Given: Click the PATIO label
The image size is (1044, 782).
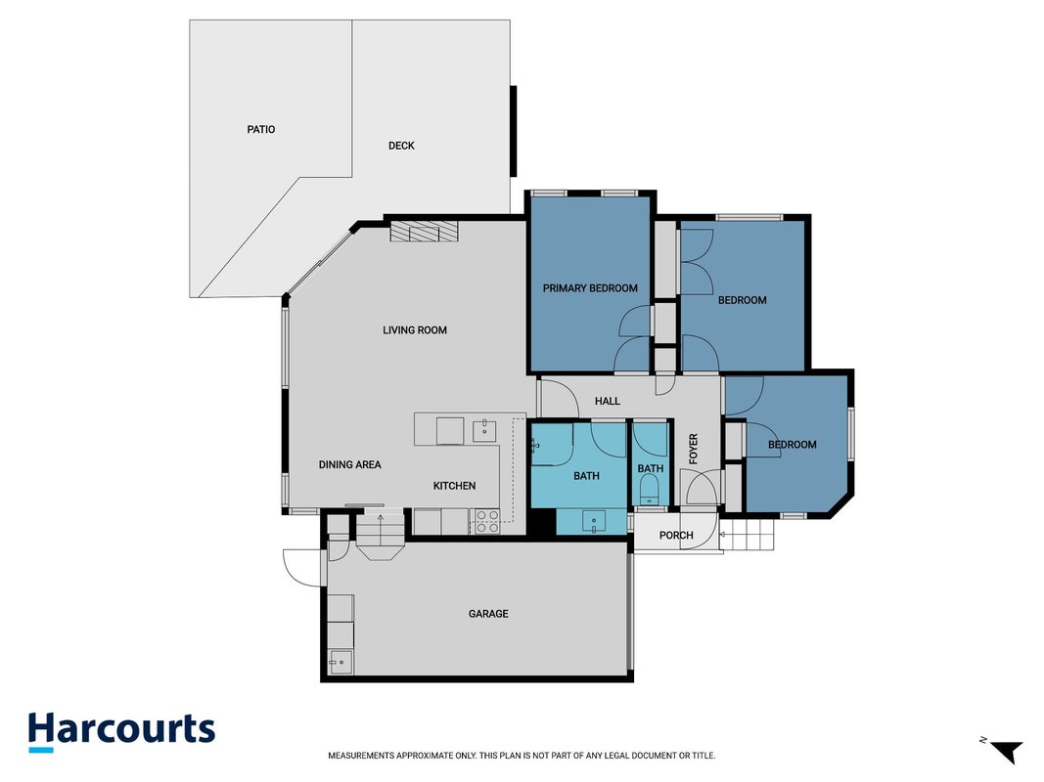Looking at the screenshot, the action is [x=261, y=130].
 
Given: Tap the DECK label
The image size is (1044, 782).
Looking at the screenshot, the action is [x=401, y=146].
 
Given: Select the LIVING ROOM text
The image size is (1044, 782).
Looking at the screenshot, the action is [x=415, y=329].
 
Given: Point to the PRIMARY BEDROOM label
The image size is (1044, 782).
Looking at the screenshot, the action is [x=590, y=288].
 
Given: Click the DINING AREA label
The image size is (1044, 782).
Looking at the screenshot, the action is [x=349, y=465].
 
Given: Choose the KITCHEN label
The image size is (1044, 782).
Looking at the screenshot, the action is [x=455, y=486].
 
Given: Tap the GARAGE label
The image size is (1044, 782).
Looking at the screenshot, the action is [x=488, y=614].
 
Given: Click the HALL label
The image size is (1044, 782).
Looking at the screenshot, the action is [x=608, y=401].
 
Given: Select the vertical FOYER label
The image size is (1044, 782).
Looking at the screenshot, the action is [x=693, y=449].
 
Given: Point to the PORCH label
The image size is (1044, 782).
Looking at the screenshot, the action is [x=676, y=536].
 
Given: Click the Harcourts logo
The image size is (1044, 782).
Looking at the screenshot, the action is [x=122, y=731].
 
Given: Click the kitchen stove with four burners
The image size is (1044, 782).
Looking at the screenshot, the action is [x=486, y=521].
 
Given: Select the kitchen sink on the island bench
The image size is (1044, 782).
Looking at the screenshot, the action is [x=484, y=431].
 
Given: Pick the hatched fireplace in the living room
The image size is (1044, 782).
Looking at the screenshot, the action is [x=424, y=232].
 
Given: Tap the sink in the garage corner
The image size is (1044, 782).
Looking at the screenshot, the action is [x=340, y=662].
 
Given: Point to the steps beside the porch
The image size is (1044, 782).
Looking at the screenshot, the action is [x=748, y=536].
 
